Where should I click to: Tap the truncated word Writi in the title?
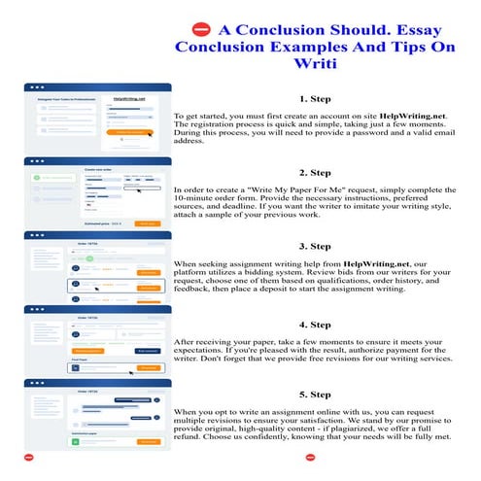point(320,65)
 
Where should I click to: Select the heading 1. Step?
point(319,99)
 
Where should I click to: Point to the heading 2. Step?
point(319,171)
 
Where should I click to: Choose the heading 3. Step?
point(319,246)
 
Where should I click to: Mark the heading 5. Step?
point(319,395)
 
